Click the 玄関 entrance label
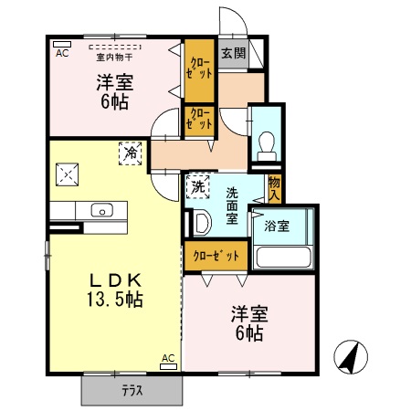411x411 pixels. (233, 54)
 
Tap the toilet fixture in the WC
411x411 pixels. (267, 144)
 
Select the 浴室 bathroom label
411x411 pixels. (277, 226)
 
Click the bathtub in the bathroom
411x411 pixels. (282, 255)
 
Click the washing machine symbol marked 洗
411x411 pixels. (197, 187)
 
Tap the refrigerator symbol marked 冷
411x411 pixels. (131, 153)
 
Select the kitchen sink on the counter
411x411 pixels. (102, 211)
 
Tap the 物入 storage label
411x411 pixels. (274, 188)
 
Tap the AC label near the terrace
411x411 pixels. (168, 358)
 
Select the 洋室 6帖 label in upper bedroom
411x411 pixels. (116, 91)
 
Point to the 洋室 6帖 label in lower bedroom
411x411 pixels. (247, 323)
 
